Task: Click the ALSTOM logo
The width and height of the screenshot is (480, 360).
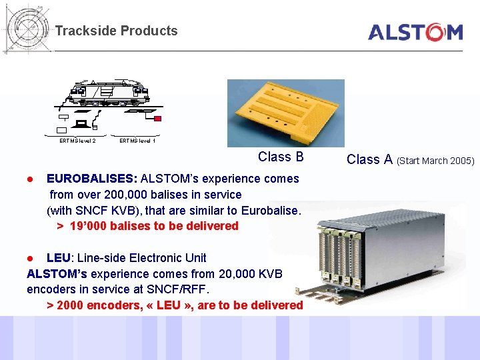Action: point(415,32)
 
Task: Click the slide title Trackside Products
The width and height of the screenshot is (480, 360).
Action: point(117,31)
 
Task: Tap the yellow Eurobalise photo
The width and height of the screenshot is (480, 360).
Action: point(285,113)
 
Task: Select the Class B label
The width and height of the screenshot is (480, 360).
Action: point(281,157)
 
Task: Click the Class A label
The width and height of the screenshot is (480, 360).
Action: point(369,159)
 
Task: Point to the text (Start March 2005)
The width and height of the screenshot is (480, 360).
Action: point(435,160)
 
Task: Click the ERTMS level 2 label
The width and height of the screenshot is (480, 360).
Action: point(77,141)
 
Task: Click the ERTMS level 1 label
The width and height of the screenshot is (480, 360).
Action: point(137,141)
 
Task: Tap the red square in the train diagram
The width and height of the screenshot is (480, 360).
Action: point(158,119)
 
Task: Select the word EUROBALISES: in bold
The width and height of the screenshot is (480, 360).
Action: point(92,179)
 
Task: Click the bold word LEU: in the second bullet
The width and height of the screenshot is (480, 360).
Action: point(61,258)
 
